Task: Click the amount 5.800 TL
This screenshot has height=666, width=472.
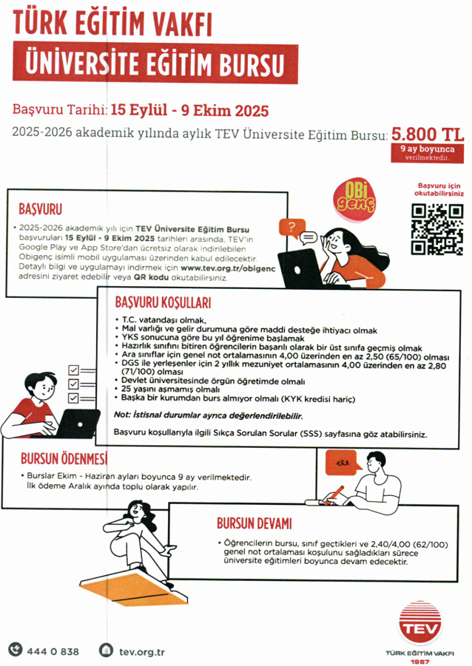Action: pos(428,135)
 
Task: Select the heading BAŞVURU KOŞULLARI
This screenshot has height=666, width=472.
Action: pos(163,303)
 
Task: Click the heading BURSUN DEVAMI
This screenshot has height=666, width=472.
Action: pos(254,523)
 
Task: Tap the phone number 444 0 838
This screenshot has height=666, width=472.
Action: pos(53,651)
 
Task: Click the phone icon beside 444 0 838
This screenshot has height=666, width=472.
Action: pos(15,650)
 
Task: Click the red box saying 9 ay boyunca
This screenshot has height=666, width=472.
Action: pos(426,152)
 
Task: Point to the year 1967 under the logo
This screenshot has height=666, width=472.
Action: pos(419,661)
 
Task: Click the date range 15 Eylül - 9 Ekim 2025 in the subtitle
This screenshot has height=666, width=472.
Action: pos(189,111)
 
